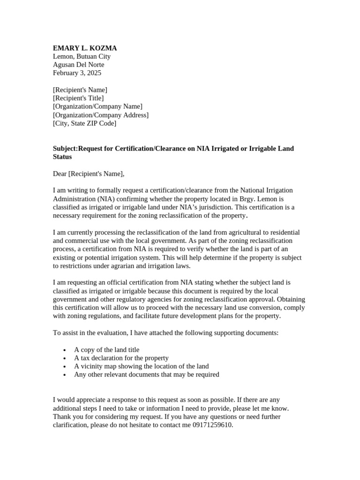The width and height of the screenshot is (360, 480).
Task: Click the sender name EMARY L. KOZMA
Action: pyautogui.click(x=85, y=48)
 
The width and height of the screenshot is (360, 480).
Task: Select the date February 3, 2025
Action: pyautogui.click(x=77, y=73)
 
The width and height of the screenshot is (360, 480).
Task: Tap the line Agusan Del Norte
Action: pyautogui.click(x=78, y=65)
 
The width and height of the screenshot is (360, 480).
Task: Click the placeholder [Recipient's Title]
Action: pyautogui.click(x=78, y=98)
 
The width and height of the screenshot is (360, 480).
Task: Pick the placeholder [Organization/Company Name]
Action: pyautogui.click(x=97, y=106)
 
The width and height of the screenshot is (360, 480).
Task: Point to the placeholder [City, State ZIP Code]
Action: pyautogui.click(x=84, y=123)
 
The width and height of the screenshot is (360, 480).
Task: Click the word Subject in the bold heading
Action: pyautogui.click(x=64, y=149)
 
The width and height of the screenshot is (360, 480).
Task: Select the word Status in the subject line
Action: pyautogui.click(x=62, y=157)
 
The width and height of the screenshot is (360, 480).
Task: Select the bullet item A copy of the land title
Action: pyautogui.click(x=106, y=350)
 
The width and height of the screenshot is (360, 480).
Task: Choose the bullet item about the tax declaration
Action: pyautogui.click(x=121, y=358)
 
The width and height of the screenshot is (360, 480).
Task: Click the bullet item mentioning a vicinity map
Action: pyautogui.click(x=141, y=366)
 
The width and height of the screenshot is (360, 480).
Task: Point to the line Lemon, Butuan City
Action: pyautogui.click(x=82, y=56)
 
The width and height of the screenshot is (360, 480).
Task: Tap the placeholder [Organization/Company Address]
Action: pyautogui.click(x=101, y=115)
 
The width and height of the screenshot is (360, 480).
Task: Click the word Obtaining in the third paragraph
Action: pyautogui.click(x=292, y=299)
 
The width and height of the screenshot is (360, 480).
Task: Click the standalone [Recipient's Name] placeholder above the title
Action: pyautogui.click(x=80, y=90)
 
